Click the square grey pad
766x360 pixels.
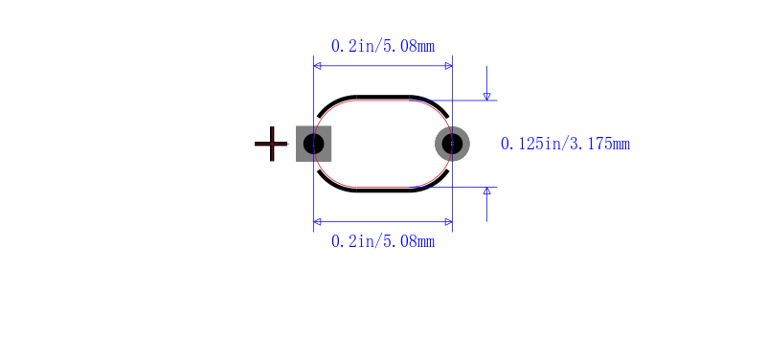(x=314, y=144)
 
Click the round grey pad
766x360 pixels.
(x=452, y=144)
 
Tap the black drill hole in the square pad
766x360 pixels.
(x=314, y=144)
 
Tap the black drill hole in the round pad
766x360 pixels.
(x=452, y=144)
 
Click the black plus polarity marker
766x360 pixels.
(x=271, y=144)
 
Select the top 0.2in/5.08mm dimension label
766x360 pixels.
(x=383, y=46)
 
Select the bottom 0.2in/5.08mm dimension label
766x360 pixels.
(x=383, y=241)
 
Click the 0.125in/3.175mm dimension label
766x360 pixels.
(x=565, y=144)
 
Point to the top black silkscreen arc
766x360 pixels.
(x=383, y=98)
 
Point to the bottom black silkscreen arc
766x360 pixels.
(x=383, y=190)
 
